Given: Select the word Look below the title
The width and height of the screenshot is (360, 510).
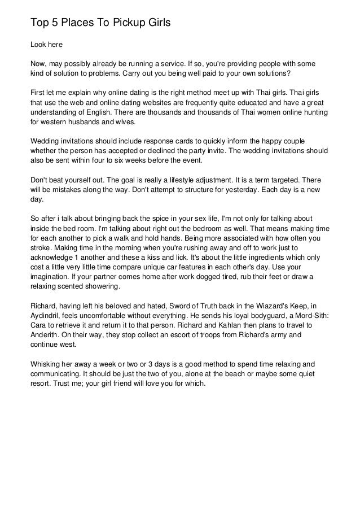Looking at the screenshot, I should [38, 44].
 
